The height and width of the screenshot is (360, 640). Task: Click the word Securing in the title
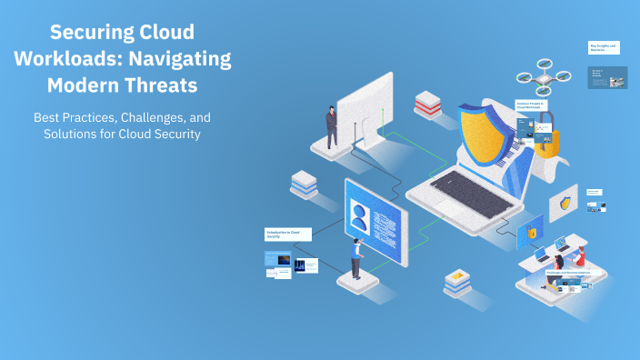coord(86,33)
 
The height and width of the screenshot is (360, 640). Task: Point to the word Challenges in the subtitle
coord(151,118)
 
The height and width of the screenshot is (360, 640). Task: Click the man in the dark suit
coord(332,126)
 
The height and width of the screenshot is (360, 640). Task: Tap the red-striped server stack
coord(427,104)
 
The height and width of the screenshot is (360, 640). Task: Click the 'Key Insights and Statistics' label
coord(604,46)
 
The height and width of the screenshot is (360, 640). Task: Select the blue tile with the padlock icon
coord(530,233)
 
